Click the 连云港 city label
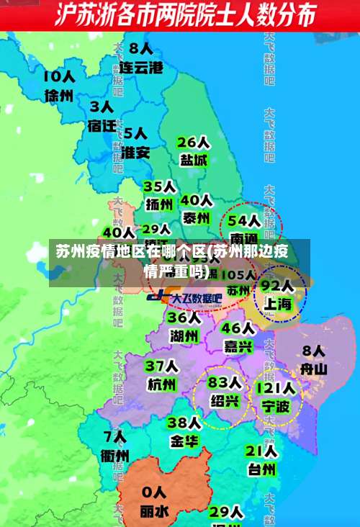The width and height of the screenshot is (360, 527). pyautogui.click(x=140, y=68)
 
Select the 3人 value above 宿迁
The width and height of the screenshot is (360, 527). pyautogui.click(x=102, y=107)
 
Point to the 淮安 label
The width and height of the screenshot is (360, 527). pyautogui.click(x=135, y=153)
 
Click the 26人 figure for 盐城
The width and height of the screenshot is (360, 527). pyautogui.click(x=194, y=142)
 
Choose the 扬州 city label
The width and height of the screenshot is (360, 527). pyautogui.click(x=161, y=204)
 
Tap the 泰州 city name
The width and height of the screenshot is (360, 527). pyautogui.click(x=196, y=217)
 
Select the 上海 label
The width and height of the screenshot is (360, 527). pyautogui.click(x=277, y=304)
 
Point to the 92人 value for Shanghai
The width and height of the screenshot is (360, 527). pyautogui.click(x=276, y=285)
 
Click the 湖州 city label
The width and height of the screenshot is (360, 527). pyautogui.click(x=184, y=335)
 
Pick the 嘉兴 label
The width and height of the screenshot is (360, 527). pyautogui.click(x=238, y=347)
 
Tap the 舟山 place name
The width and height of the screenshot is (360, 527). pyautogui.click(x=314, y=369)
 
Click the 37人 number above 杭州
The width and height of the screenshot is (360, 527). pyautogui.click(x=161, y=366)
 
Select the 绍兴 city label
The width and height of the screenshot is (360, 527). pyautogui.click(x=225, y=401)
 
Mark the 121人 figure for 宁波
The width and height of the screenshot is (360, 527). pyautogui.click(x=274, y=389)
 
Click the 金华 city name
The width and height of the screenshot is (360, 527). pyautogui.click(x=184, y=441)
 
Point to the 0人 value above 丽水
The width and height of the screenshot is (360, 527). pyautogui.click(x=154, y=492)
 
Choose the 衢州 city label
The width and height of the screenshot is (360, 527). pyautogui.click(x=115, y=456)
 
